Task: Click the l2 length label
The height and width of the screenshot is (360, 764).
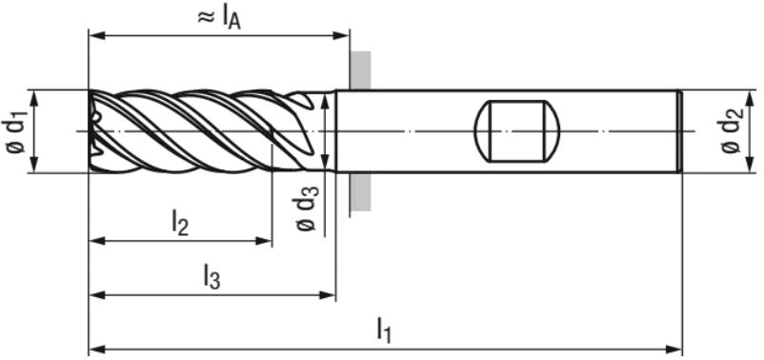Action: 180,224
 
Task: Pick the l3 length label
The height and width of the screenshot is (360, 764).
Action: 211,276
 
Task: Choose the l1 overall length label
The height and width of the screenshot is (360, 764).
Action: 385,330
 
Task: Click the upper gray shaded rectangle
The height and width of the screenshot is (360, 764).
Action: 360,70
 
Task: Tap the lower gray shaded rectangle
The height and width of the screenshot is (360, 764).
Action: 360,192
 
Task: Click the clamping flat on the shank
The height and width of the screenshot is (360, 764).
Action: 517,131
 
